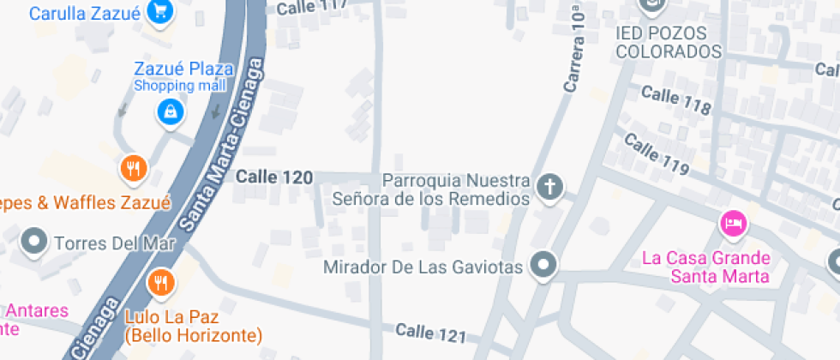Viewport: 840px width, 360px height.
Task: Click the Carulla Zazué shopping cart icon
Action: (x=159, y=11)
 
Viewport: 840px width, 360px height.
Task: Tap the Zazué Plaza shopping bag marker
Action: (x=171, y=111)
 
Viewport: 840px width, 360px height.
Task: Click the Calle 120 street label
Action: (x=273, y=177)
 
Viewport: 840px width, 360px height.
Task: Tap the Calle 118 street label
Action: (x=676, y=100)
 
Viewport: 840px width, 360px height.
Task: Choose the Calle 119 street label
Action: (x=656, y=153)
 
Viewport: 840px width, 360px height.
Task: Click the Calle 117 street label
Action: (x=312, y=7)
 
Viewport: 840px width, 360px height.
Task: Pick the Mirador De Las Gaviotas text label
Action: (x=423, y=267)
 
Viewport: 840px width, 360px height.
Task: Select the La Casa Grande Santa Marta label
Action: (x=706, y=267)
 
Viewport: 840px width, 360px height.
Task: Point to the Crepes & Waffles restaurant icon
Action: (x=132, y=169)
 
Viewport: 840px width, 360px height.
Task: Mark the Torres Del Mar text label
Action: (x=114, y=243)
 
